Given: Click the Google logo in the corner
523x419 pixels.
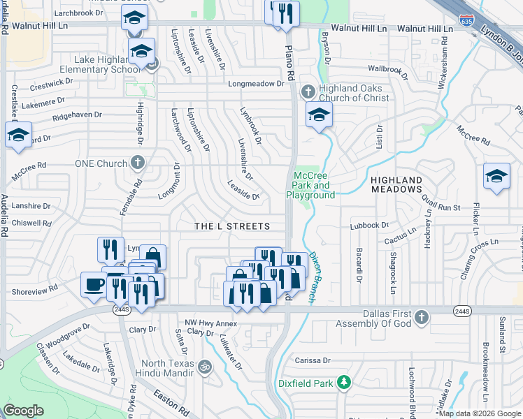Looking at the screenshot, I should point(23,411).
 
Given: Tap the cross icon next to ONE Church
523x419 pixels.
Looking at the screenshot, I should point(138,163).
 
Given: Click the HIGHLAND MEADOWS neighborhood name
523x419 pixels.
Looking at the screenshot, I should point(396,184).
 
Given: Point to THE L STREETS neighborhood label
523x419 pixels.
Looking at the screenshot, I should point(231,226).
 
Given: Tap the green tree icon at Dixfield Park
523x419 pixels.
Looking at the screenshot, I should point(343,382).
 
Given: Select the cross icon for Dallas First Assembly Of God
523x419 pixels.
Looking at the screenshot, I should point(420,318).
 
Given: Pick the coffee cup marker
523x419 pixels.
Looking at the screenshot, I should point(94,285).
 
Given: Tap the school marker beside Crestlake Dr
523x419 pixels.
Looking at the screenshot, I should point(18,135).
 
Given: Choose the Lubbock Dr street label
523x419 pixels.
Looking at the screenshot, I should point(369,226).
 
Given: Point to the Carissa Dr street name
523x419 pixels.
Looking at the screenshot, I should point(312,360).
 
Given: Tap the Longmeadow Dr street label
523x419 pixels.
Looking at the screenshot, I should point(258,84).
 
